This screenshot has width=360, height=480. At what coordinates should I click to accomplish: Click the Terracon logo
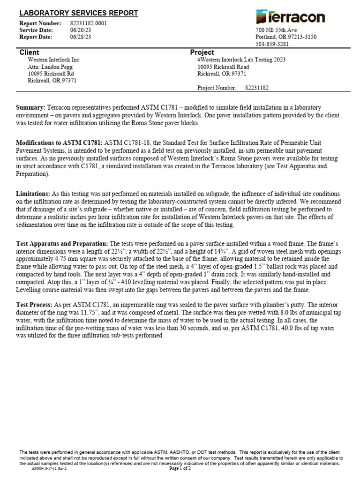pos(291,17)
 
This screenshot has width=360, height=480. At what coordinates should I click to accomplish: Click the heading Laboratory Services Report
pos(78,13)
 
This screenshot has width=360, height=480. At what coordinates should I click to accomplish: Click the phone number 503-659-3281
pos(272,44)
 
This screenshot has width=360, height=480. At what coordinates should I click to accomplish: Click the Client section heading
pos(29,52)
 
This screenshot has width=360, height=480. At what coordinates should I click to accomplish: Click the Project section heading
pos(202,52)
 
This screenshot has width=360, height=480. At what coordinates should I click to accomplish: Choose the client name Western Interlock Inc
pos(53,60)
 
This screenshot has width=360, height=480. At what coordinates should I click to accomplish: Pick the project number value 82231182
pos(257,88)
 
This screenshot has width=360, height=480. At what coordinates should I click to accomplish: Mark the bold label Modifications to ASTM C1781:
pos(60,142)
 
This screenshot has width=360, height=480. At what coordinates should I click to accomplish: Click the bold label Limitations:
pos(33,194)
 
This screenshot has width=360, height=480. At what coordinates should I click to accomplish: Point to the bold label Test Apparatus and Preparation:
pos(62,244)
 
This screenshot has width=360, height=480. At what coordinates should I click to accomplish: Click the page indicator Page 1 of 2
pos(180,468)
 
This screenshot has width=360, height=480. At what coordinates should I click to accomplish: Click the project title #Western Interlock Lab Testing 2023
pos(241,60)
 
